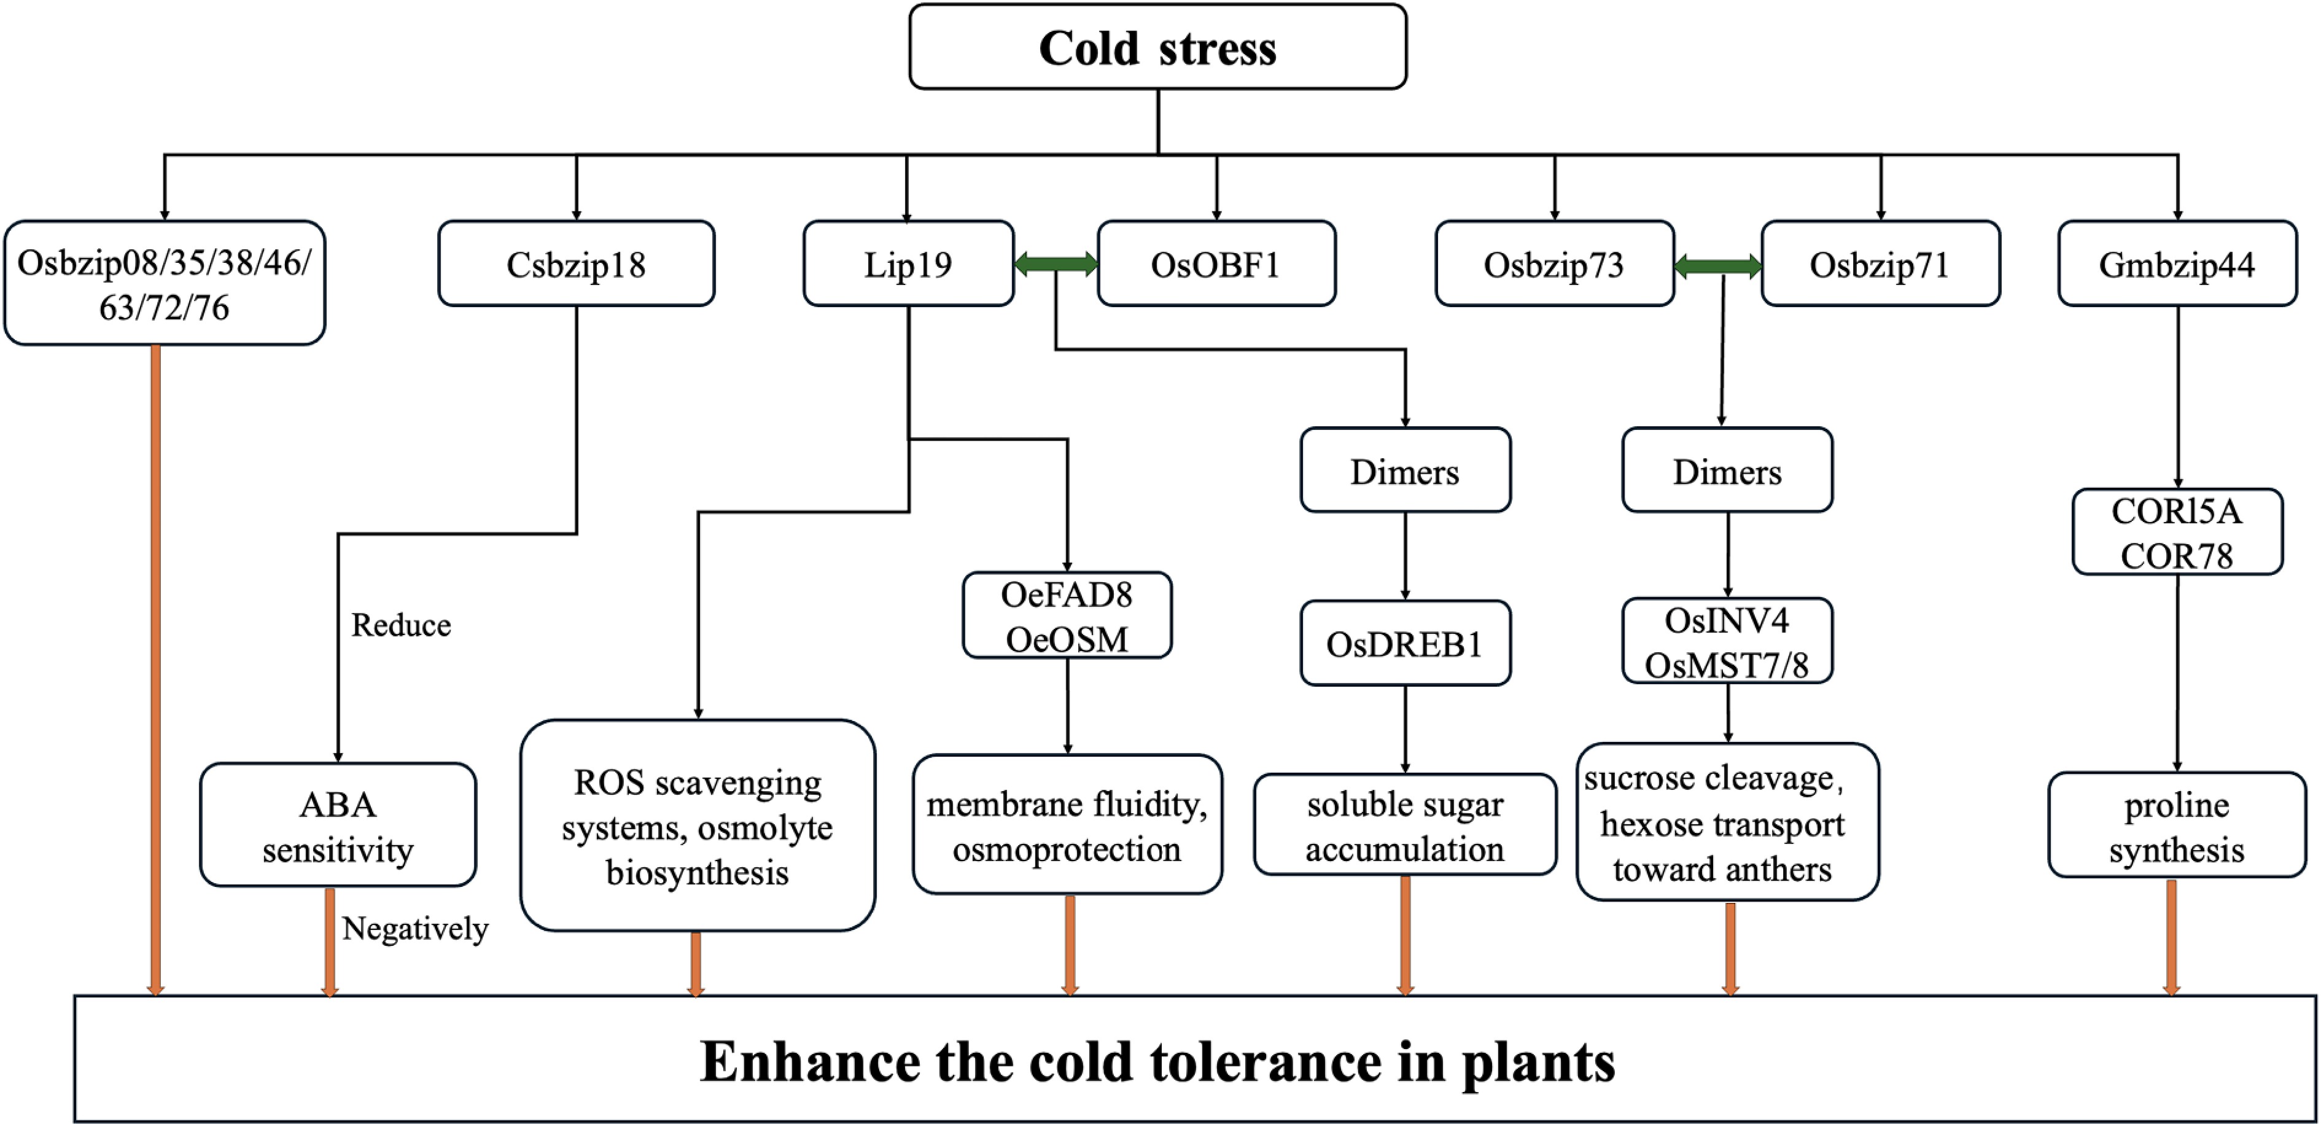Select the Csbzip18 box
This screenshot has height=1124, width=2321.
point(576,264)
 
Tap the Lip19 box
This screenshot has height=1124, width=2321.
point(908,264)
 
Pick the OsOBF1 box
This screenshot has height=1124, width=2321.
point(1216,264)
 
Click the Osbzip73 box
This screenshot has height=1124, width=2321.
point(1553,264)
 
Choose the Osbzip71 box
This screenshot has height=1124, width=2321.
point(1880,264)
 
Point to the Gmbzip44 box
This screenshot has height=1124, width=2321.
point(2177,264)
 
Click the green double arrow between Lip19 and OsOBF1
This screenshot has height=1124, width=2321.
point(1055,263)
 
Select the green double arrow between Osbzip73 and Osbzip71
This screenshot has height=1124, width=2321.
point(1717,265)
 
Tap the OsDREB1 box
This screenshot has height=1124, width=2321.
point(1405,644)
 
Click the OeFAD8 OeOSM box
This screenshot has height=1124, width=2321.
point(1067,615)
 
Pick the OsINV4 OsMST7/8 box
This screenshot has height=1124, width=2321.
point(1727,641)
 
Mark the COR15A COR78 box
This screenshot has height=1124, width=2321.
point(2177,532)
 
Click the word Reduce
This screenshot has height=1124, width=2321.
point(401,625)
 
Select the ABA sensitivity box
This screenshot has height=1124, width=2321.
point(338,825)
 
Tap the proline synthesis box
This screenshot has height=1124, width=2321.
point(2177,825)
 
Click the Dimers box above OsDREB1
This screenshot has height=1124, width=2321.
point(1405,470)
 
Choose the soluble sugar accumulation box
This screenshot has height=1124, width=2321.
point(1405,825)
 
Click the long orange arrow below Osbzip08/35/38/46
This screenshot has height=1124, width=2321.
point(156,667)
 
